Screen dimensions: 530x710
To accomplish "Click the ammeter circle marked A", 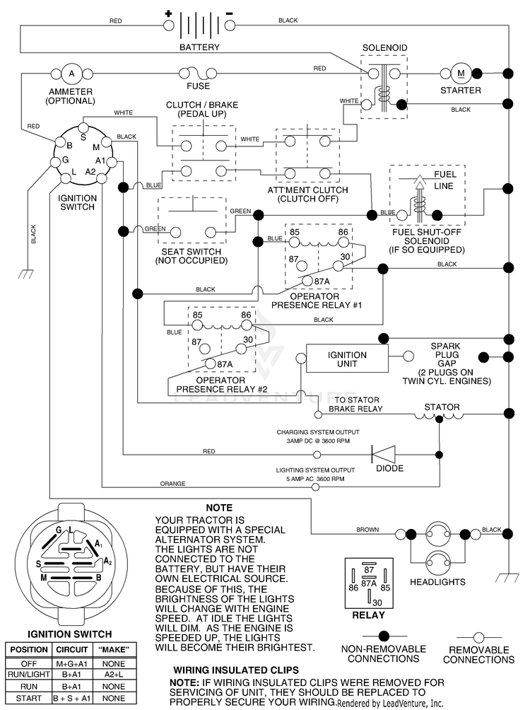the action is coord(71,73).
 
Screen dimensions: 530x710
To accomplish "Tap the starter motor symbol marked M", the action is coord(461,73).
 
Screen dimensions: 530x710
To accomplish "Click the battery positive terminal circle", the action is coord(168,25).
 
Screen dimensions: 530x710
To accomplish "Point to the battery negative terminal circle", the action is coord(230,25).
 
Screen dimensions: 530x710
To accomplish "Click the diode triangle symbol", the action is coord(383,454).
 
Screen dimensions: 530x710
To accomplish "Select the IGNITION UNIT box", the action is coord(347,359).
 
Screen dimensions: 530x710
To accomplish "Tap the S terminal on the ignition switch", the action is coord(83,127).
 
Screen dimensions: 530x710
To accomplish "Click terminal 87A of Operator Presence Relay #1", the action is coord(308,281).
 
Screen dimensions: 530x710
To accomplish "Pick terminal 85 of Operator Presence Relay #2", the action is coord(197,325).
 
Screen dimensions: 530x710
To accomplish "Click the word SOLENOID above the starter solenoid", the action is coord(384,47).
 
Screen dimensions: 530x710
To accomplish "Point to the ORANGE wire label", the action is coord(172,484).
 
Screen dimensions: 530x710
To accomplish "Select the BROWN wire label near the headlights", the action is coord(367,530).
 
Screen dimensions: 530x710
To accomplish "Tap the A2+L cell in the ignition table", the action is coord(114,674).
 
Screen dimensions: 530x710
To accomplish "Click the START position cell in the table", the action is coord(28,698).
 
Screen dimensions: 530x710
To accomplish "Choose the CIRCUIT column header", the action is coord(72,649).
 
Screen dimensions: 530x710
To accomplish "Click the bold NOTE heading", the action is coord(219,508).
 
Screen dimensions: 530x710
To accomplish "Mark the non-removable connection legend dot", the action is coord(384,637).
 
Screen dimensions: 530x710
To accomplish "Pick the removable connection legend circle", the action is coord(478,638).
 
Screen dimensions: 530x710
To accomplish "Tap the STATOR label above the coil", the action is coord(442,407).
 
